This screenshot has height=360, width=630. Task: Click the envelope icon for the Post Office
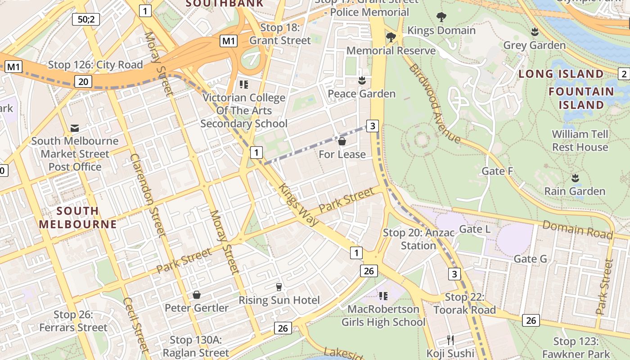point(75,129)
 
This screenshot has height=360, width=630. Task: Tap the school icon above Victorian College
point(244,85)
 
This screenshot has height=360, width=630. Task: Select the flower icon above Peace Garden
point(361,81)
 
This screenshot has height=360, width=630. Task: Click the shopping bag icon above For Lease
point(342,142)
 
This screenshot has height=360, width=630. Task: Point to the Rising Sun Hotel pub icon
point(279,287)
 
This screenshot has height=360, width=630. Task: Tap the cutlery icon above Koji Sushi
point(450,340)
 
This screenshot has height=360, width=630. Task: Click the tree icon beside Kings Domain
point(441,18)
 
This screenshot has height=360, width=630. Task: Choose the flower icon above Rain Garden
point(575,178)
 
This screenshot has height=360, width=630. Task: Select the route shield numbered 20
point(83,81)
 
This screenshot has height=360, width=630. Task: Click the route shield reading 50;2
point(85,19)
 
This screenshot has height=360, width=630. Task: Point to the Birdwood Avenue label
point(434,103)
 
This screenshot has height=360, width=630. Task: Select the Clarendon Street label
point(148,195)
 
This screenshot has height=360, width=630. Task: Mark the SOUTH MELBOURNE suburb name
point(78,217)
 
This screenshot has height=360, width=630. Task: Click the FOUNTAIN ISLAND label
point(581,98)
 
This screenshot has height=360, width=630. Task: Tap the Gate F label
point(497,171)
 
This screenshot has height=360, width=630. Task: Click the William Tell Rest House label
point(580,140)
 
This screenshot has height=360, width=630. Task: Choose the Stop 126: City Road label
point(95,65)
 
